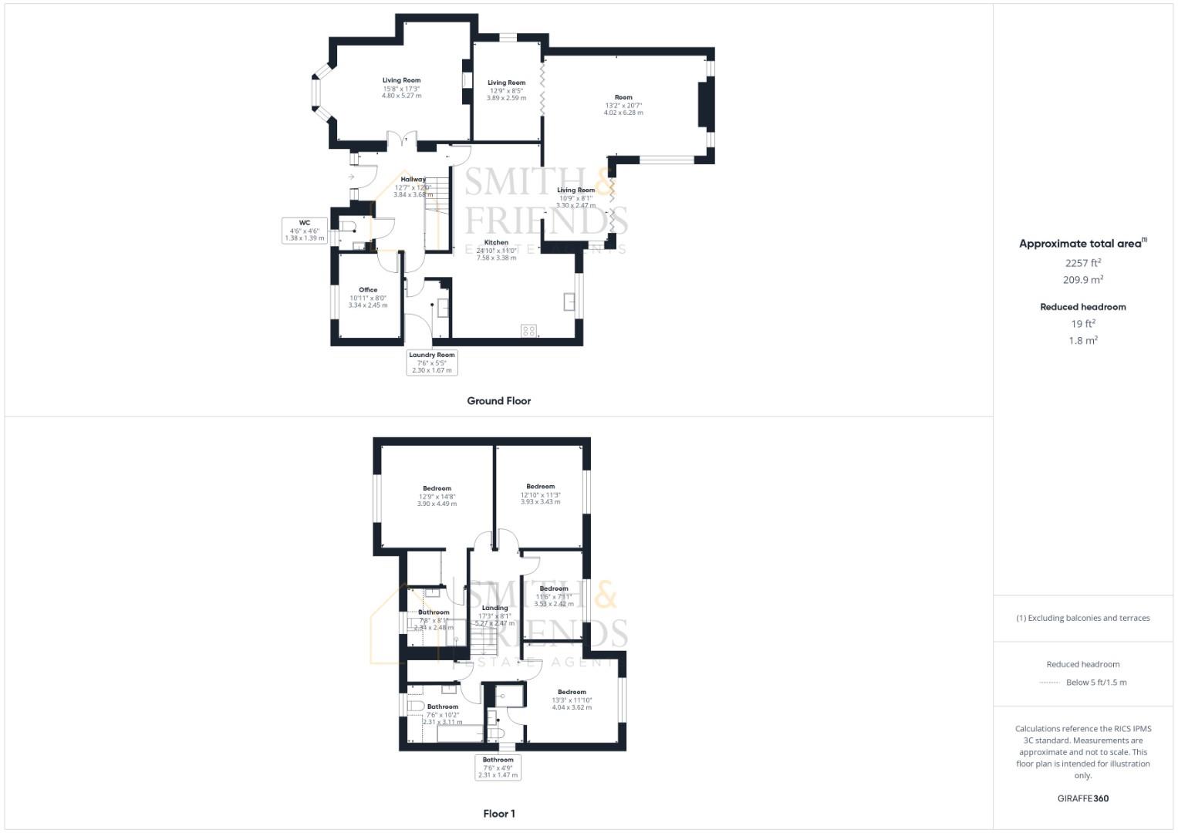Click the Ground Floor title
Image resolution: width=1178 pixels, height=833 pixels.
pyautogui.click(x=498, y=401)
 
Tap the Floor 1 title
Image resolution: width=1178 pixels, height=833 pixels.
pyautogui.click(x=499, y=814)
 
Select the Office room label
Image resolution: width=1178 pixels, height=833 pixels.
pyautogui.click(x=368, y=290)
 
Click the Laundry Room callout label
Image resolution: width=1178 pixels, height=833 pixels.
pyautogui.click(x=432, y=355)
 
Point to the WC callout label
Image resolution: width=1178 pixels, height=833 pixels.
pyautogui.click(x=305, y=223)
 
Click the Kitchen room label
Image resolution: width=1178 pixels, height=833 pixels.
pyautogui.click(x=496, y=242)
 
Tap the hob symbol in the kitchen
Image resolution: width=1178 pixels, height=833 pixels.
pyautogui.click(x=528, y=331)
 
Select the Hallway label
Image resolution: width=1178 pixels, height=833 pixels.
pyautogui.click(x=413, y=179)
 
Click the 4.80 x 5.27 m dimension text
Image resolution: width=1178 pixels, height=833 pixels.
pyautogui.click(x=401, y=96)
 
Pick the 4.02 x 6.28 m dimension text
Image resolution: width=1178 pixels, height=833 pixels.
pyautogui.click(x=623, y=113)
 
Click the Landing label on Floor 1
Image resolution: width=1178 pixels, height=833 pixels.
pyautogui.click(x=494, y=608)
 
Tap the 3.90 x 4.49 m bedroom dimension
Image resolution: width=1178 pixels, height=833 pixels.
pyautogui.click(x=437, y=504)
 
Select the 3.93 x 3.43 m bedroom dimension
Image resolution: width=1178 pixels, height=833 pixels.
pyautogui.click(x=540, y=501)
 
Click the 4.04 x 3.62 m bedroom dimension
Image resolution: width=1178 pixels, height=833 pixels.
pyautogui.click(x=572, y=707)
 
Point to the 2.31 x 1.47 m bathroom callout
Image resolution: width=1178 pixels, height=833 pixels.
pyautogui.click(x=498, y=775)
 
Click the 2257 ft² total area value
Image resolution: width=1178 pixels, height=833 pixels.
pyautogui.click(x=1083, y=263)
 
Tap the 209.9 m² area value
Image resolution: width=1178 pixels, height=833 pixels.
pyautogui.click(x=1083, y=281)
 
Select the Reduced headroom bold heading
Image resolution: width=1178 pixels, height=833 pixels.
pyautogui.click(x=1083, y=307)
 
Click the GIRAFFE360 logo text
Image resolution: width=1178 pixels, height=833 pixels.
pyautogui.click(x=1083, y=798)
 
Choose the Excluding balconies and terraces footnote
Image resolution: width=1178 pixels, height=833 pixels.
pyautogui.click(x=1083, y=618)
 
